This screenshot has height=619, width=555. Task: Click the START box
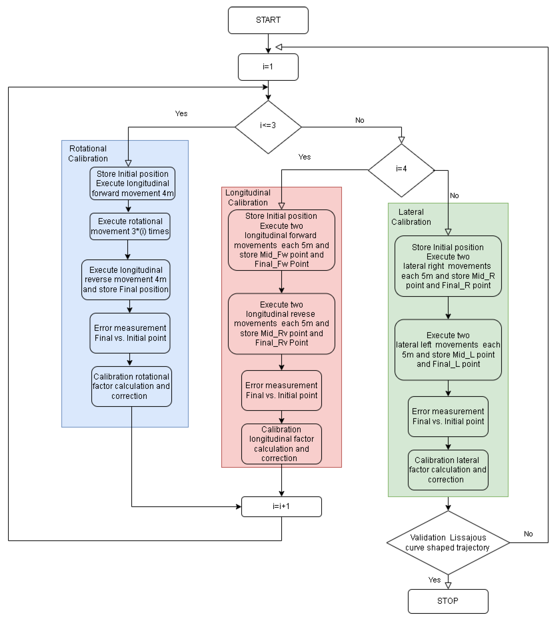click(x=268, y=20)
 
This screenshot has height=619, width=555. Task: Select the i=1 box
click(x=268, y=67)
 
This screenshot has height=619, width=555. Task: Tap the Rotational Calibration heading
click(x=88, y=154)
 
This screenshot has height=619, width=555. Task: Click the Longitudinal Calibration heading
click(x=248, y=197)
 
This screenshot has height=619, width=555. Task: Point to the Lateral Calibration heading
click(x=411, y=217)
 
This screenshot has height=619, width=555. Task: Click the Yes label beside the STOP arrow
click(x=434, y=580)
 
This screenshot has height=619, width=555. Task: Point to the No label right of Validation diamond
click(x=528, y=534)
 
